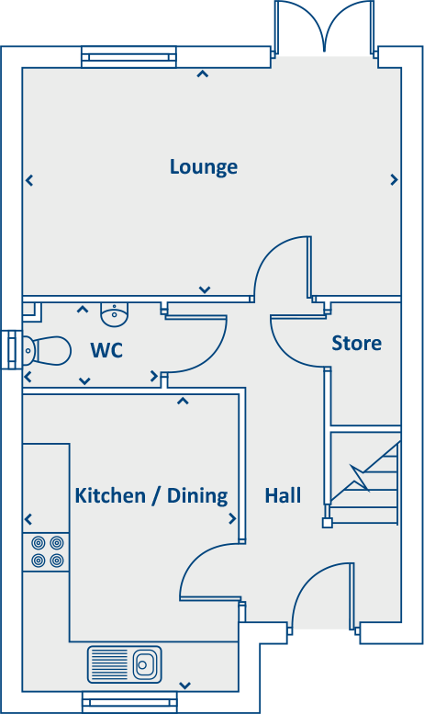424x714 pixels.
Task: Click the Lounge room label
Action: [204, 167]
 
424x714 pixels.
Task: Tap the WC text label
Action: [106, 350]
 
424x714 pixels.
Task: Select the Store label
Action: [356, 344]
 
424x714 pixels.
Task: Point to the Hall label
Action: [283, 496]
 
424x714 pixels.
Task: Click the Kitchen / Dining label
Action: [151, 496]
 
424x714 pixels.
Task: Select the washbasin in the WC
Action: [114, 315]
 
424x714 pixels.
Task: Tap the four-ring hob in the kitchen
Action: [47, 551]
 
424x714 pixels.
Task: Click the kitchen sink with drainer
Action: [124, 662]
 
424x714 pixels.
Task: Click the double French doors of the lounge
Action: [325, 26]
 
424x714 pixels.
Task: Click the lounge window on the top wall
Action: [128, 57]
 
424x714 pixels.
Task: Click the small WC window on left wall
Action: [11, 348]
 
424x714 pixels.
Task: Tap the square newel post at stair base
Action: [327, 524]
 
